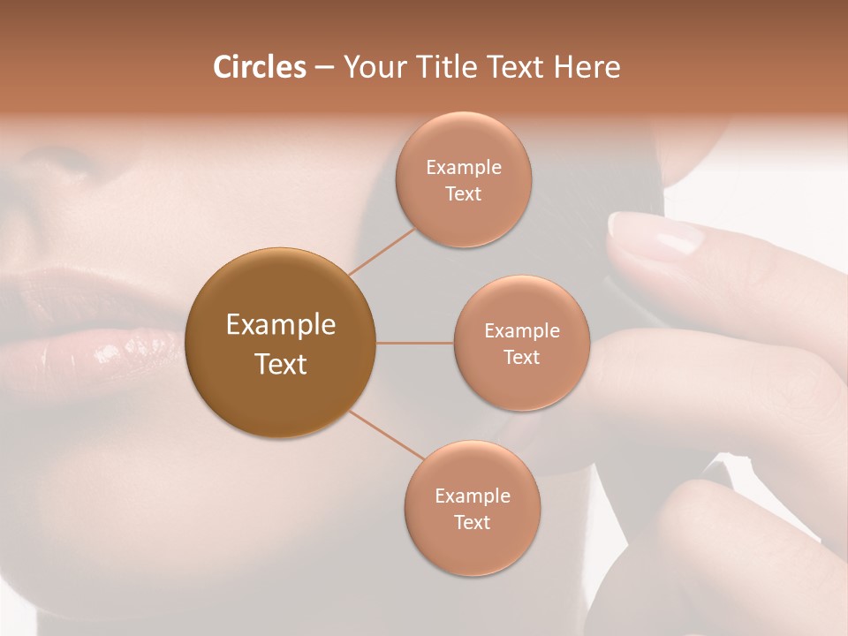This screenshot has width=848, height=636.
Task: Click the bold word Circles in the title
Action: point(259,67)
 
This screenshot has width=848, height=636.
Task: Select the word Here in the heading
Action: point(587,67)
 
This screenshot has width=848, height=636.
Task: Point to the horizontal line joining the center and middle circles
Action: point(414,343)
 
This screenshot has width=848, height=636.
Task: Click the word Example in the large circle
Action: point(280,325)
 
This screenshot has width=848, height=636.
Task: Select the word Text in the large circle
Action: point(280,364)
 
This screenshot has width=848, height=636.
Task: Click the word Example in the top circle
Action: point(463,168)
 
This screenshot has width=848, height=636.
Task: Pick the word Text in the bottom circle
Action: point(472,523)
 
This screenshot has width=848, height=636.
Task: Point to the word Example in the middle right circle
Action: point(521,331)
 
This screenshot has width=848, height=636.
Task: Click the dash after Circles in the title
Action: point(323,68)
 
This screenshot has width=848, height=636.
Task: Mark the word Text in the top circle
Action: point(463,194)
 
